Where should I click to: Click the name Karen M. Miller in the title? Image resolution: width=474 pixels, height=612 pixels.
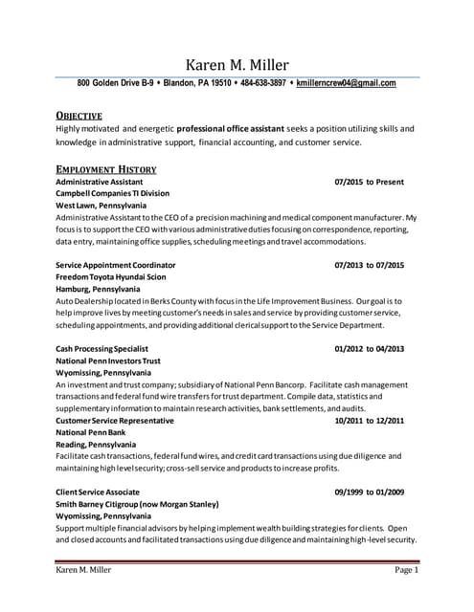click(237, 65)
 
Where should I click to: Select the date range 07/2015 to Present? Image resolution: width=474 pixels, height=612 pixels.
click(369, 182)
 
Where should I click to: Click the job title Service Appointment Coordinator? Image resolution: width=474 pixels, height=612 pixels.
click(116, 265)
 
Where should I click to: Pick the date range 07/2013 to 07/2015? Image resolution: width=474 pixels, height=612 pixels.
click(369, 265)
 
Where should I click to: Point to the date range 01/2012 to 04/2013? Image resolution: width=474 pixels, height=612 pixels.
click(369, 349)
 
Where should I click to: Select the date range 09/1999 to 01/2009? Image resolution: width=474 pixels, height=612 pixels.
click(369, 492)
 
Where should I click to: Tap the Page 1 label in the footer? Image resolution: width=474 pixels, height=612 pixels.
click(406, 571)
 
